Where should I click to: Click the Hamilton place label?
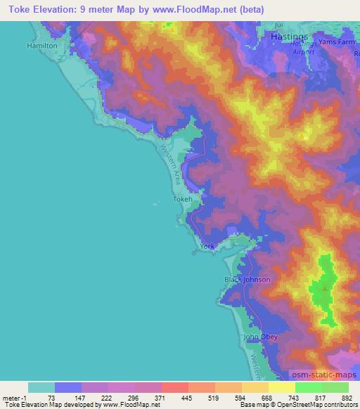tap(41, 45)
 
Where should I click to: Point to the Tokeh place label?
tap(182, 200)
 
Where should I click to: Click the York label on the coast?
tap(207, 247)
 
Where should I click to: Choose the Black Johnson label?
tap(247, 280)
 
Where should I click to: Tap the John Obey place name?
tap(261, 337)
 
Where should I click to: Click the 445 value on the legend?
tap(188, 397)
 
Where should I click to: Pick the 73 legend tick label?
tap(56, 397)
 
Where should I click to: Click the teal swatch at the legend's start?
tap(41, 387)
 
